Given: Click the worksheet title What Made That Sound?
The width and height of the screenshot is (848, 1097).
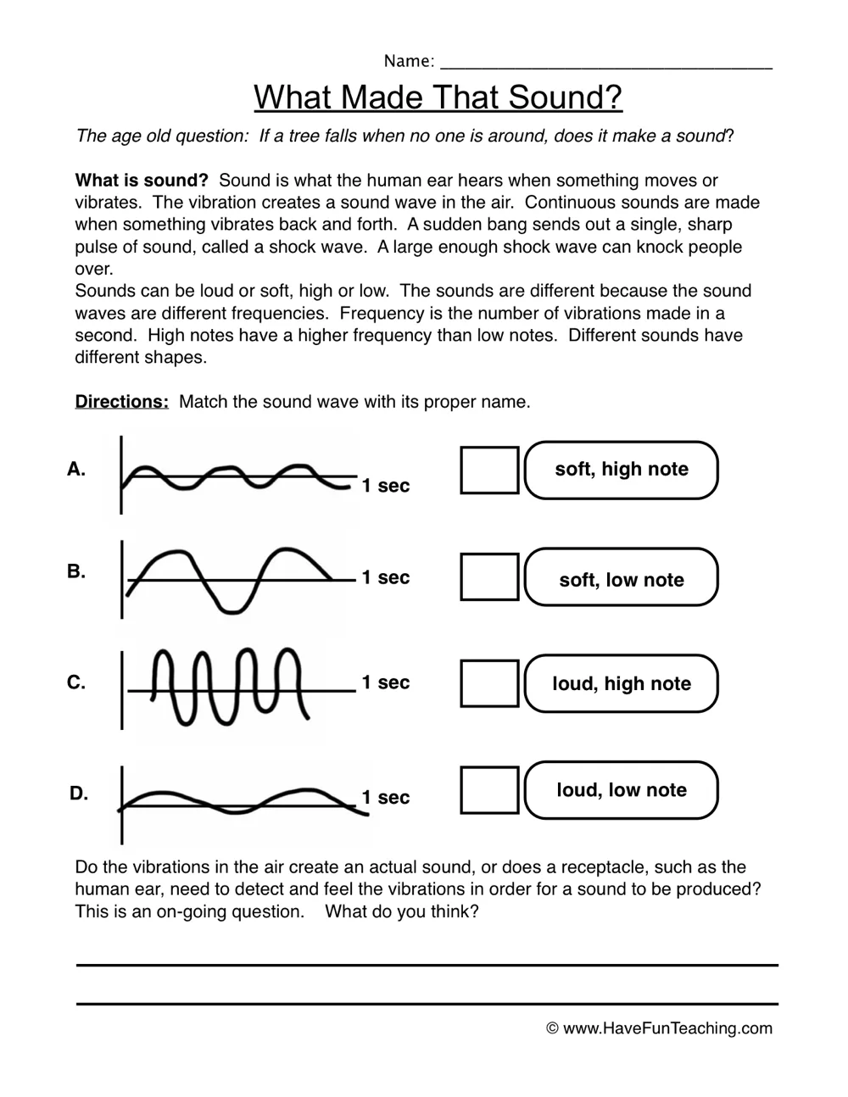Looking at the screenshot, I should (x=438, y=97).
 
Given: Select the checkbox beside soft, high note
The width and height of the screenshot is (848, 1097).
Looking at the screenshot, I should (x=489, y=470).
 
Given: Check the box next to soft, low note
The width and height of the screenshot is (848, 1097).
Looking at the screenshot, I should (x=489, y=576).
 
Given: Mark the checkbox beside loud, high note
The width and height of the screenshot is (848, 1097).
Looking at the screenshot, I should (x=489, y=683).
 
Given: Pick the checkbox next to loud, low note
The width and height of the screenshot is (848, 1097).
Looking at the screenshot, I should (x=489, y=790).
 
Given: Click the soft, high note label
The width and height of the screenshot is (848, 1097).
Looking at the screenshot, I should (x=622, y=470).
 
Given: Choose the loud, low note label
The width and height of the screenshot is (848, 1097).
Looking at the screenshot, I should (x=622, y=790).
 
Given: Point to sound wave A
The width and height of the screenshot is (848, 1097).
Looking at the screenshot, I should (x=237, y=477).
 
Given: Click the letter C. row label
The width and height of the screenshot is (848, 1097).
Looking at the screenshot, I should (x=76, y=682).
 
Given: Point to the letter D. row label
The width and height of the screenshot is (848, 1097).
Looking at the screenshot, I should (x=79, y=794).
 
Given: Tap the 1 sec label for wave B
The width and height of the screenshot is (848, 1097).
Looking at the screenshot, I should (x=385, y=577).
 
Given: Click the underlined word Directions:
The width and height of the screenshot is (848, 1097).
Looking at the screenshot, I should (x=122, y=402).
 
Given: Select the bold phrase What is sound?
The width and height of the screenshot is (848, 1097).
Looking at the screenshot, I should (x=142, y=181).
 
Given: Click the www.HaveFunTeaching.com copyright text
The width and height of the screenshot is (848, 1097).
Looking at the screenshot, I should (x=660, y=1028).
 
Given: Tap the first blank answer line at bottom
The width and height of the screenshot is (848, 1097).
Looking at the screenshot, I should (x=427, y=964).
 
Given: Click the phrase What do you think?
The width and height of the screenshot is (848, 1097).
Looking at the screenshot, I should (x=402, y=911).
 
